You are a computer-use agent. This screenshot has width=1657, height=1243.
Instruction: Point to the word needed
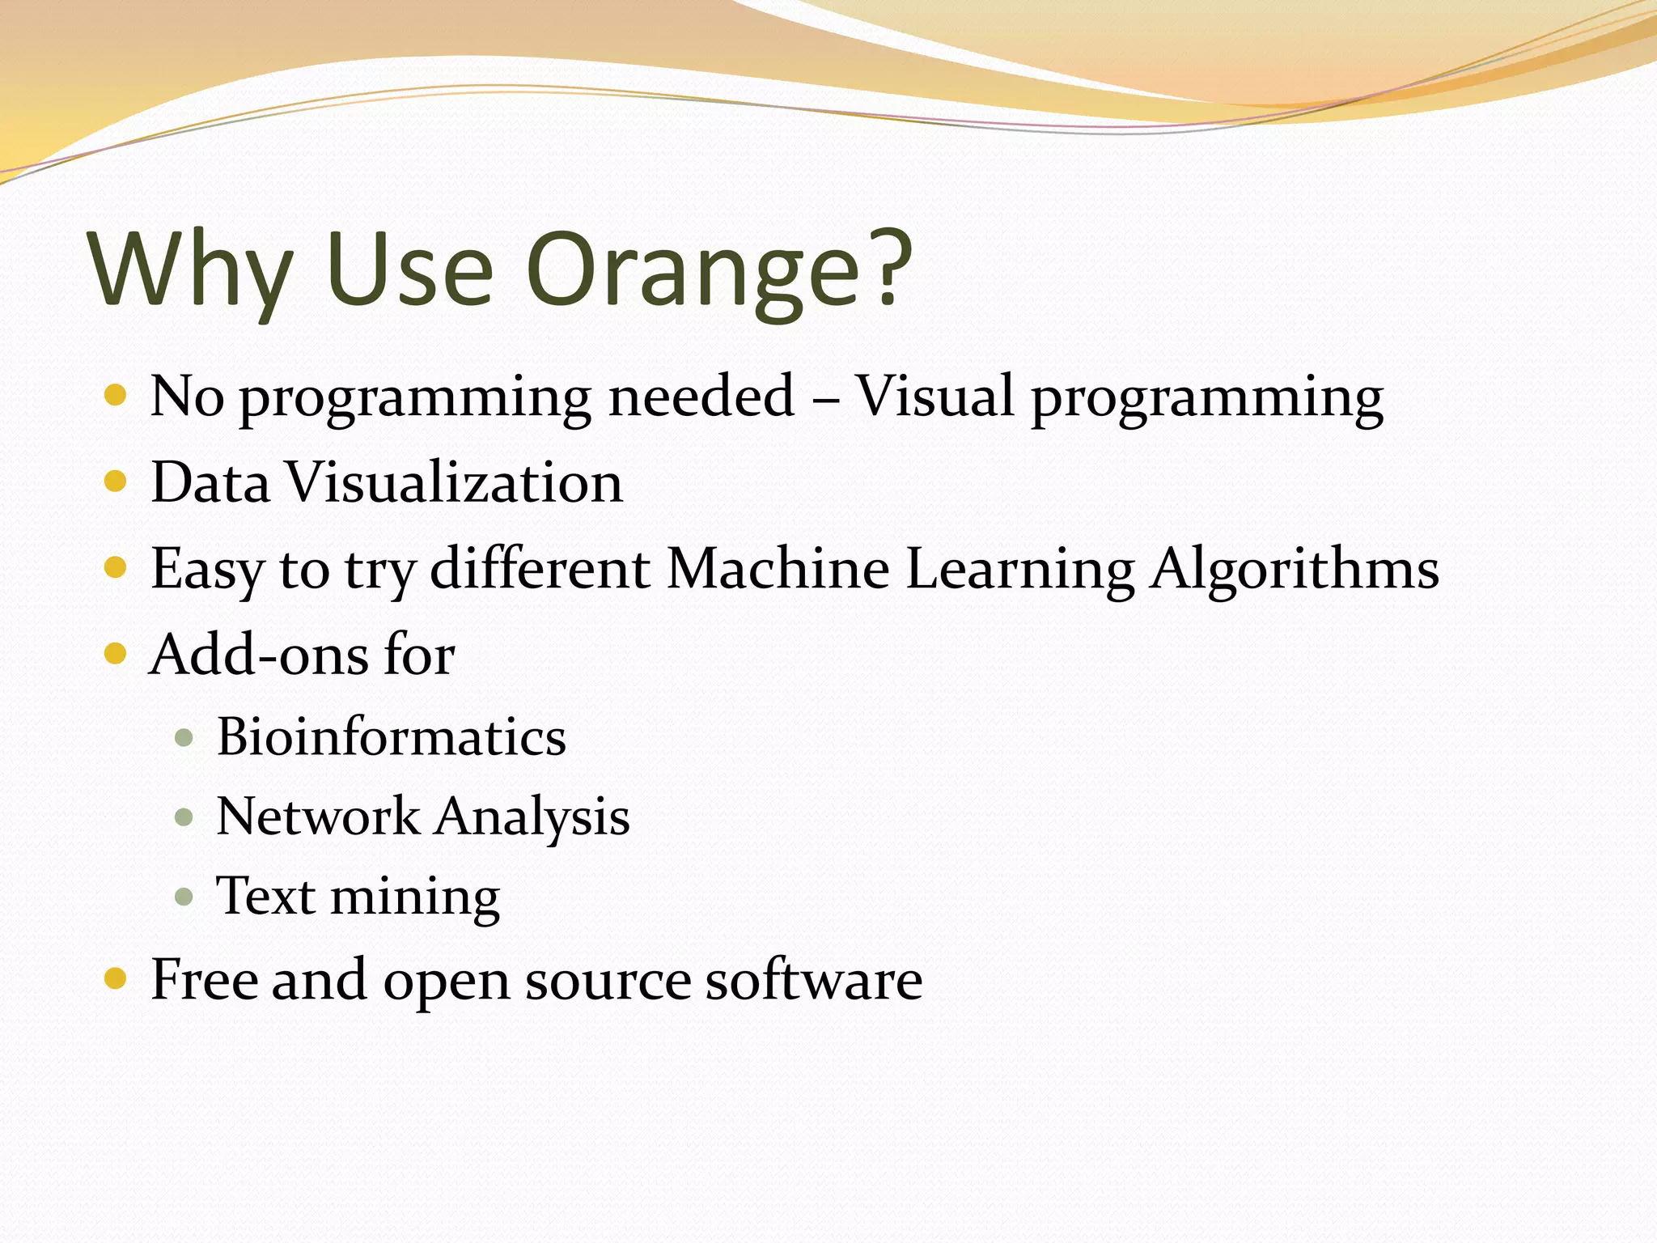pos(701,397)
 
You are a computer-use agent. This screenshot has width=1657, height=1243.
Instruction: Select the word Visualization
pos(456,482)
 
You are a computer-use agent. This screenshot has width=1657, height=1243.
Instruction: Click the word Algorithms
pos(1295,568)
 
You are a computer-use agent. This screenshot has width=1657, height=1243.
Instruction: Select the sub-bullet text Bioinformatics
pos(392,737)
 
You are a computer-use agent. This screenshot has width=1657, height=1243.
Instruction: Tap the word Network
pos(318,816)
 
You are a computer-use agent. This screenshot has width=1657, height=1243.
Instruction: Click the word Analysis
pos(532,817)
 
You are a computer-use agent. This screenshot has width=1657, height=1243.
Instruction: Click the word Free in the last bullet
pos(204,980)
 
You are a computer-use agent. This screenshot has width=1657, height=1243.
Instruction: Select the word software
pos(813,980)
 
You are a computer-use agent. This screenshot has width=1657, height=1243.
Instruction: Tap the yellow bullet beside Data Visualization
pos(116,482)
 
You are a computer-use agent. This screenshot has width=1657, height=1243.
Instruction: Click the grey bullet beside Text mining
pos(184,897)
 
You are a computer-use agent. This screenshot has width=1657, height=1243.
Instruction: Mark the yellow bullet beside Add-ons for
pos(116,653)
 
